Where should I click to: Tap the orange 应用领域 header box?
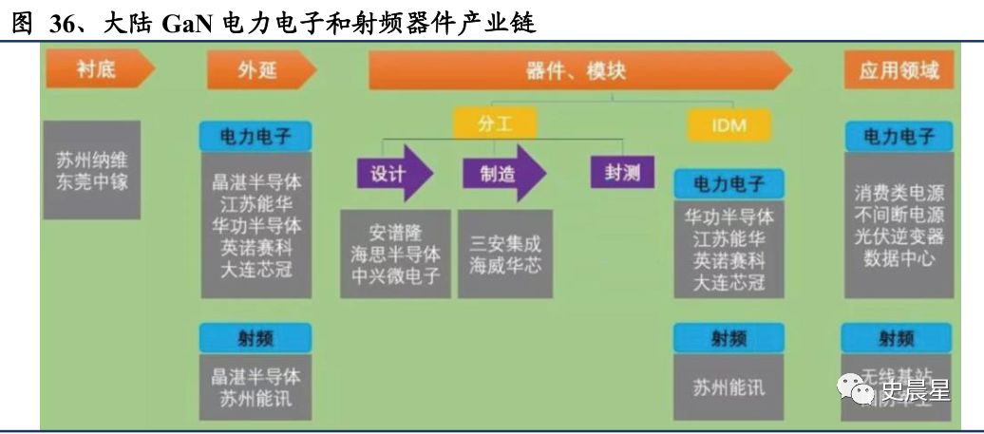pos(898,71)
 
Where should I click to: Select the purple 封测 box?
pos(616,172)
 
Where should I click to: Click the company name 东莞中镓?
pos(91,180)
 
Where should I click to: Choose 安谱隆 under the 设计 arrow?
pos(395,233)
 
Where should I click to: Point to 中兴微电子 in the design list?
pos(395,276)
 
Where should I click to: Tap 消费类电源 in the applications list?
pos(899,193)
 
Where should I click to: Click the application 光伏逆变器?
pos(899,236)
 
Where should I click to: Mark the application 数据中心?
pos(899,258)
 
